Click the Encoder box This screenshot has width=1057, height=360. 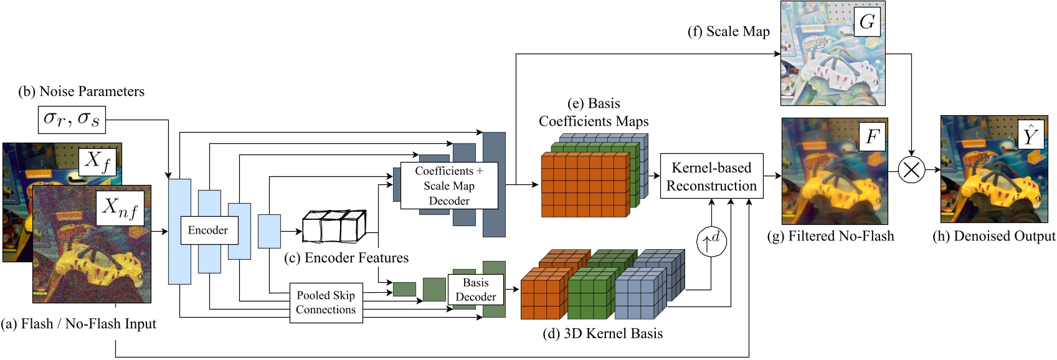tap(207, 230)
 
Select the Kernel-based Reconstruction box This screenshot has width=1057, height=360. tap(711, 176)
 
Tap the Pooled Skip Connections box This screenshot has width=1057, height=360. tap(326, 303)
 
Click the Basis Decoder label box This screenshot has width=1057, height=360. tap(475, 290)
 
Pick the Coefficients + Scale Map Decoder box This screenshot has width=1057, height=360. tap(448, 186)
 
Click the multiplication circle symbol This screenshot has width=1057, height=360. tap(911, 169)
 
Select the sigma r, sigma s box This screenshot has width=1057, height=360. tap(71, 119)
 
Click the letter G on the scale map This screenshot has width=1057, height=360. tap(866, 22)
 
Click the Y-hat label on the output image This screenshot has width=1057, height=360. tap(1030, 135)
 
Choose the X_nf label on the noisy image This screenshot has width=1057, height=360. tap(120, 207)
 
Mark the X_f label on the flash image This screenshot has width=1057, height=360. tap(98, 161)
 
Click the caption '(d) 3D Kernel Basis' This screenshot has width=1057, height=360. tap(602, 334)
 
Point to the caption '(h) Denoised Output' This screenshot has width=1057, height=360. tap(993, 236)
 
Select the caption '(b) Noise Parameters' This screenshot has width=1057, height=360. tap(81, 92)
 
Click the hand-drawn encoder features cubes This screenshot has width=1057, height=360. tap(334, 227)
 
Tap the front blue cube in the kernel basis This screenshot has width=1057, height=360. tap(640, 294)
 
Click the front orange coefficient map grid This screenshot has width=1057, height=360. tap(584, 186)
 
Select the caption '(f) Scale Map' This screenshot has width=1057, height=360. tap(728, 32)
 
